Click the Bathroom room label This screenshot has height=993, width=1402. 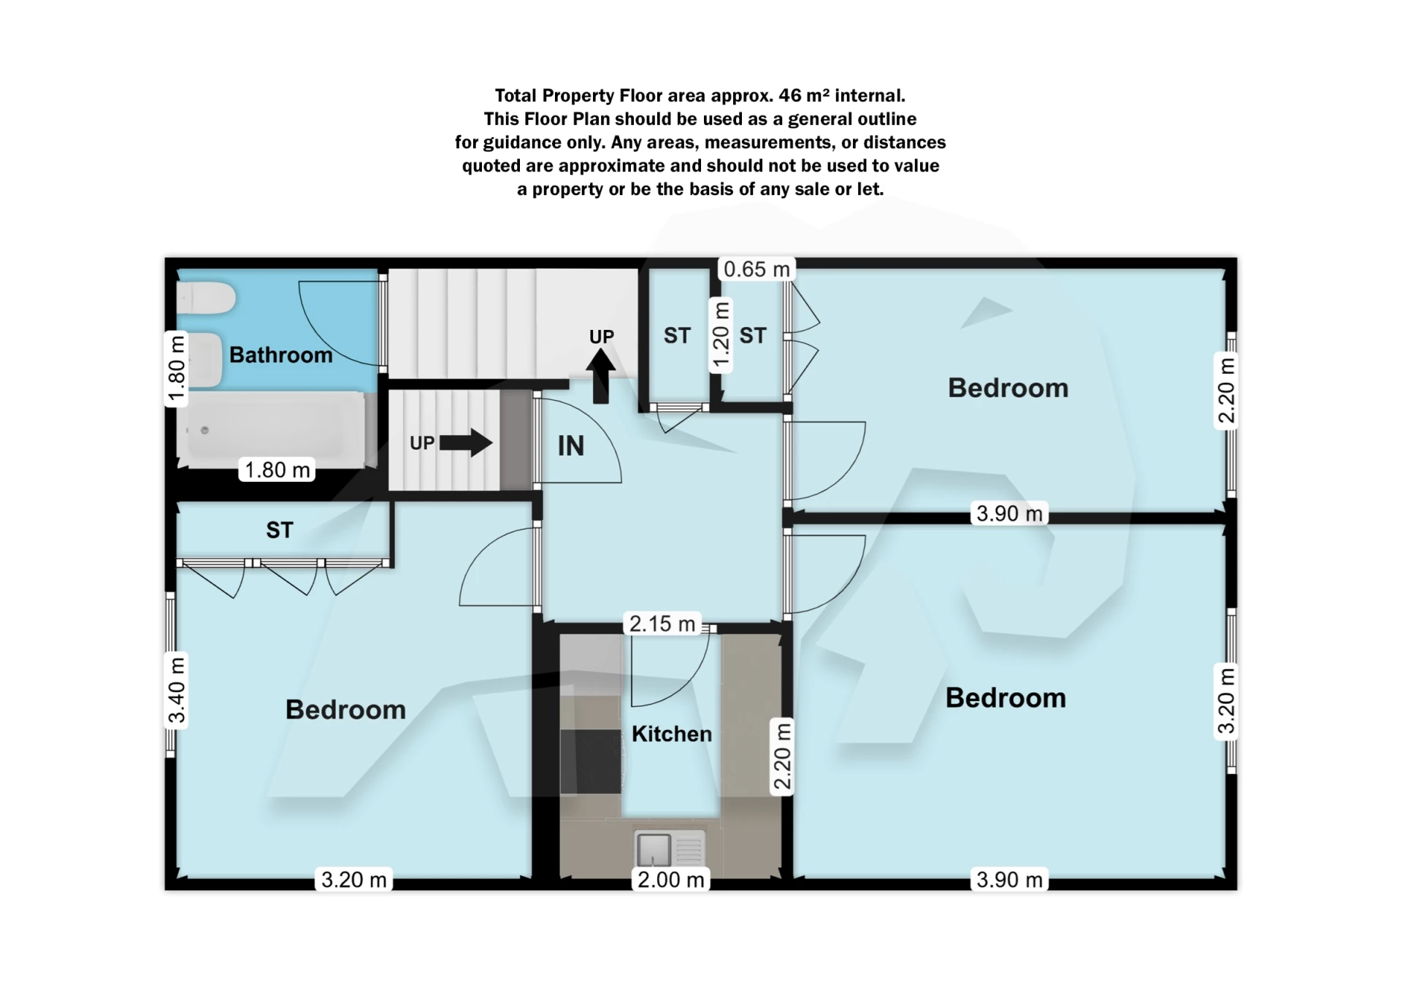point(280,355)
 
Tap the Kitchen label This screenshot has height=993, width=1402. point(671,734)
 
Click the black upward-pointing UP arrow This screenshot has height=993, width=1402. point(601,376)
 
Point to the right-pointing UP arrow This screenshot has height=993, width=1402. point(466,442)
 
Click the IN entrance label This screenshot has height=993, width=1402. point(571,446)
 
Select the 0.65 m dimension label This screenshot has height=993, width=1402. point(756,269)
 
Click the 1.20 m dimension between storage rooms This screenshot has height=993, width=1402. point(721,337)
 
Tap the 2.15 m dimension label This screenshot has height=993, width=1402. point(662,624)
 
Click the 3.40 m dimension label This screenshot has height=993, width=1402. point(177,690)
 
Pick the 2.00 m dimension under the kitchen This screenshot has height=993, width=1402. point(670,880)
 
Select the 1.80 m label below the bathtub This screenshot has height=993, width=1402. point(277,469)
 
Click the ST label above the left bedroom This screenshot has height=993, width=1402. point(280,530)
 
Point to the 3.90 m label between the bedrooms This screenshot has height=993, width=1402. point(1009,514)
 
